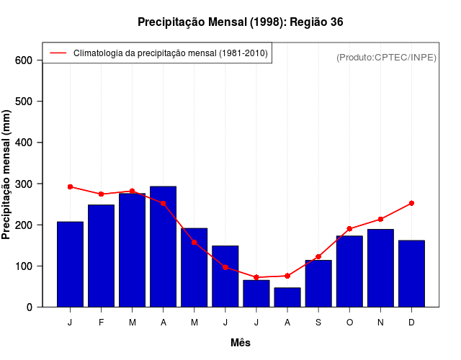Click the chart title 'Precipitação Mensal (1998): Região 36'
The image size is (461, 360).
pyautogui.click(x=240, y=22)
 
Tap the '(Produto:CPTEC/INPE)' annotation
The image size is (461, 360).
pyautogui.click(x=387, y=57)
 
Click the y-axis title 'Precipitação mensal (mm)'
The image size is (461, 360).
pyautogui.click(x=7, y=174)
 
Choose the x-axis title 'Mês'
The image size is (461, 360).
pyautogui.click(x=241, y=343)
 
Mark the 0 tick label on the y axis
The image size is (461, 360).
pyautogui.click(x=30, y=307)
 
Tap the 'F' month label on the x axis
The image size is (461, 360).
pyautogui.click(x=101, y=323)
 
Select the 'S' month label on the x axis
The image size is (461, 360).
pyautogui.click(x=318, y=323)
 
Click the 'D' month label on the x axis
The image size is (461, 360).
pyautogui.click(x=411, y=323)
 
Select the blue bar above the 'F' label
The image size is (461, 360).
pyautogui.click(x=101, y=256)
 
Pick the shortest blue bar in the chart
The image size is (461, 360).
pyautogui.click(x=287, y=297)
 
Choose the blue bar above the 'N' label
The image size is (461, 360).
pyautogui.click(x=380, y=268)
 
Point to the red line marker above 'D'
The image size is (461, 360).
pyautogui.click(x=411, y=203)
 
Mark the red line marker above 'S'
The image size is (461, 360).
pyautogui.click(x=318, y=256)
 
